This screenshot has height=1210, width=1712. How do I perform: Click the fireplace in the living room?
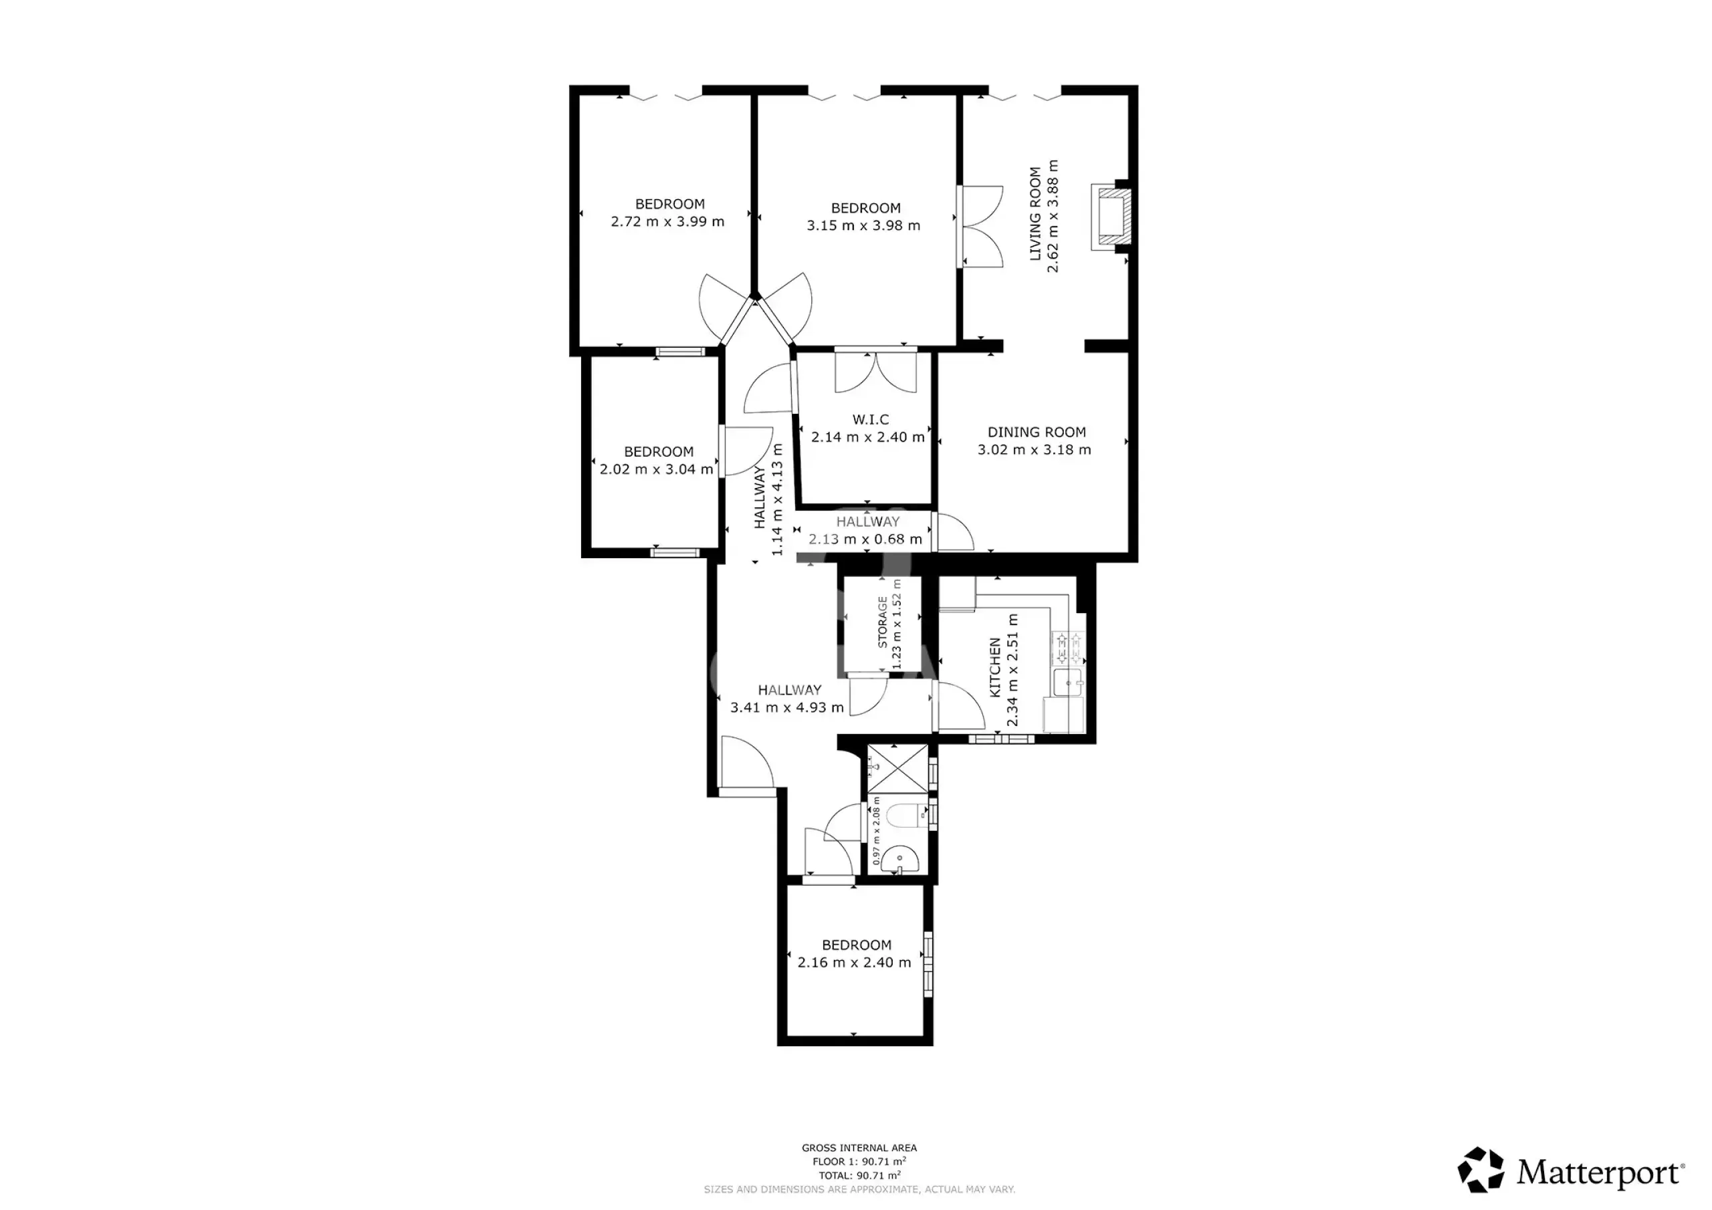tap(1111, 217)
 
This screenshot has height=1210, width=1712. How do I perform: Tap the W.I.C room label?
tap(871, 420)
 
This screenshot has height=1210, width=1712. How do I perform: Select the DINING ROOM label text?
tap(1037, 432)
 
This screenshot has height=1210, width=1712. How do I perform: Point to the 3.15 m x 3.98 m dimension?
tap(863, 225)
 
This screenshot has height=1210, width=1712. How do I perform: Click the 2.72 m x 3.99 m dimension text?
tap(667, 221)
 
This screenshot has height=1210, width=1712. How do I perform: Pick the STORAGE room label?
tap(883, 621)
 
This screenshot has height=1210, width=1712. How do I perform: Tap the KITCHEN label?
tap(994, 667)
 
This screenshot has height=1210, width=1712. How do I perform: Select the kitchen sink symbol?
tap(1069, 682)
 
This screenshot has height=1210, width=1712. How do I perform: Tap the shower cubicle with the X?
tap(897, 769)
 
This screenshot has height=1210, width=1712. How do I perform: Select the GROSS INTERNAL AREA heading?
tap(859, 1147)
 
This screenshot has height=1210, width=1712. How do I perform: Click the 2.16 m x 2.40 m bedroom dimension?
tap(854, 963)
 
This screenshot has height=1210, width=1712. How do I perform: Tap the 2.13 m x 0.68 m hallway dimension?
tap(865, 539)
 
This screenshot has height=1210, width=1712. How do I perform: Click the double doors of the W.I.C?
tap(875, 371)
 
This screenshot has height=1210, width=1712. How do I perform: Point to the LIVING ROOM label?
tap(1035, 214)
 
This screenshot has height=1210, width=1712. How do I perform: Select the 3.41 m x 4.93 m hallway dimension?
tap(786, 707)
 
